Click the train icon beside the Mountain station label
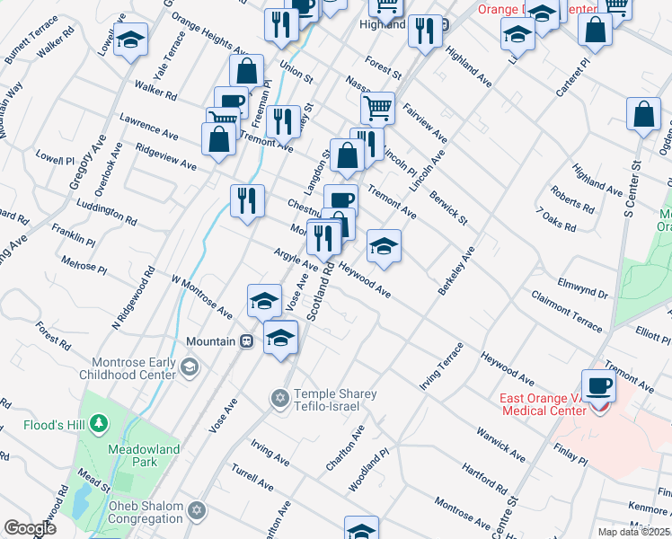[244, 341]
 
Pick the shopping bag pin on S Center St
[645, 116]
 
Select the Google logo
[30, 528]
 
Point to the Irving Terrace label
[441, 367]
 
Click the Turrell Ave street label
[252, 477]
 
